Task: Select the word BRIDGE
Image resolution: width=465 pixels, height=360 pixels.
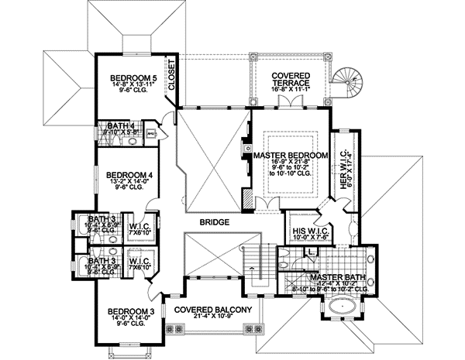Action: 213,223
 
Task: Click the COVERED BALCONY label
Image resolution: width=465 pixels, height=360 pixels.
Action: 212,310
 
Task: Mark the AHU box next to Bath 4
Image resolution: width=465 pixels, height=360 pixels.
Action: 151,133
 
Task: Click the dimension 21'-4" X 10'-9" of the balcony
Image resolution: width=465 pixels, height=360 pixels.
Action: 212,318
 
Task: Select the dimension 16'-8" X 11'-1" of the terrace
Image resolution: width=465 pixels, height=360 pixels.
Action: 291,90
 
